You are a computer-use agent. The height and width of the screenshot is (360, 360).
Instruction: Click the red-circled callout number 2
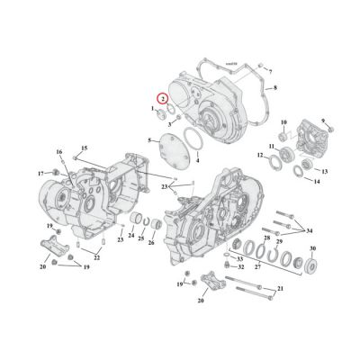click(161, 100)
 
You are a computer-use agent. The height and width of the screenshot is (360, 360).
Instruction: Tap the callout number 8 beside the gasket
click(275, 88)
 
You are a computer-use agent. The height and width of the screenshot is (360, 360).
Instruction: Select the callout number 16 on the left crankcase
click(59, 152)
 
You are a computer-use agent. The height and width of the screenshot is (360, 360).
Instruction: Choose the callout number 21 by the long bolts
click(280, 288)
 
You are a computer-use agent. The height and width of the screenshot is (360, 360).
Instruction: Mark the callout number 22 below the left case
click(95, 258)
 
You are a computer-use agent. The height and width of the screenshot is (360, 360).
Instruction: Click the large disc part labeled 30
click(313, 265)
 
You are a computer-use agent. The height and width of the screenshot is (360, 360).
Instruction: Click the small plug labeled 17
click(56, 171)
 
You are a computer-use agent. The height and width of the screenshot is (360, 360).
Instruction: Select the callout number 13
click(325, 169)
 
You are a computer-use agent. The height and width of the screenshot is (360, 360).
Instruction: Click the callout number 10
click(283, 121)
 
